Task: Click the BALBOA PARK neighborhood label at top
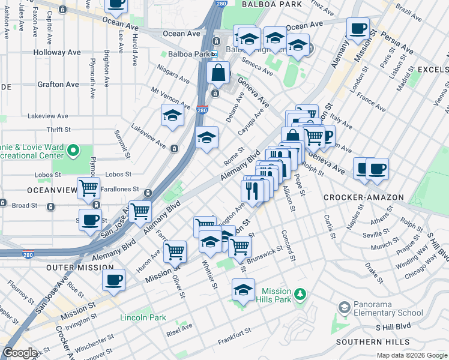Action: [271, 4]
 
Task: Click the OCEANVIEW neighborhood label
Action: [26, 190]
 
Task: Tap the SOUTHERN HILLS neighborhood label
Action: [372, 342]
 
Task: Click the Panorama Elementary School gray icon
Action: [344, 308]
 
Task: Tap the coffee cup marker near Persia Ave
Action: [358, 29]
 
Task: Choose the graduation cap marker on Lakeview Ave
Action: [172, 116]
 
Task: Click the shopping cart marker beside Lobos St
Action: [88, 188]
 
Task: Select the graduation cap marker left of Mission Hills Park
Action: [244, 290]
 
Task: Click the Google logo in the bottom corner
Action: [20, 353]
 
